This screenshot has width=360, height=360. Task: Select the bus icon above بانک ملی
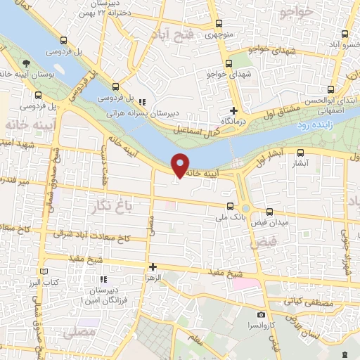pos(230,206)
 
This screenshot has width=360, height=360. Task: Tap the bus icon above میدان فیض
pos(270,210)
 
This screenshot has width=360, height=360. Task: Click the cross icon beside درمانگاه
pos(234,110)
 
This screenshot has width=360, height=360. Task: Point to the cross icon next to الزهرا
pos(153,266)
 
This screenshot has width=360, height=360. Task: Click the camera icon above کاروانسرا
pos(262,314)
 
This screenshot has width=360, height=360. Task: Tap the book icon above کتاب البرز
pos(44,271)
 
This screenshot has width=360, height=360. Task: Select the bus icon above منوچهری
pos(219,23)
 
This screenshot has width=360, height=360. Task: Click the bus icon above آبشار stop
pos(301,153)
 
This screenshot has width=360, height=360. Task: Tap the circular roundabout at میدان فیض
pos(245,208)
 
